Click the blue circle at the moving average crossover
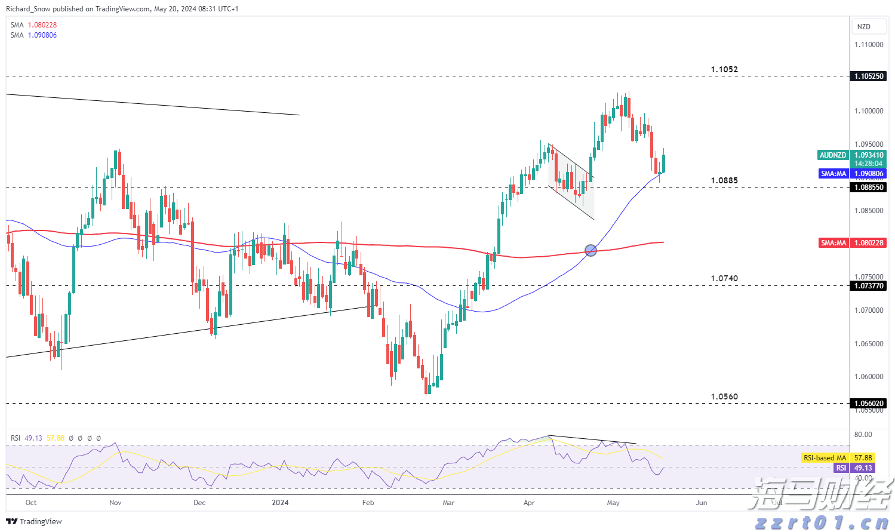pos(590,250)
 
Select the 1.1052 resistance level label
pos(724,69)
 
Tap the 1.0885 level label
pos(724,180)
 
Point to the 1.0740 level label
pos(724,278)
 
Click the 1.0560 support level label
pos(724,396)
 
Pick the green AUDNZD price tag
pos(833,155)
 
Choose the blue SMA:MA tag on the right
pos(834,174)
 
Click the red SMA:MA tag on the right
pos(834,243)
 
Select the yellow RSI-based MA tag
pos(825,458)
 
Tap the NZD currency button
pos(864,27)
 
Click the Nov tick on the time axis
pos(115,503)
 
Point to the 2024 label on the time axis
pos(280,503)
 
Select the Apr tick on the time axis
pos(529,503)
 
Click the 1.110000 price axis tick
pos(869,45)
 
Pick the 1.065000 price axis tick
pos(869,344)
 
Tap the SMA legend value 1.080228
pos(42,25)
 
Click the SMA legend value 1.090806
pos(42,35)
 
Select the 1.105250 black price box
pos(869,76)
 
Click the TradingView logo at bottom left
pos(34,521)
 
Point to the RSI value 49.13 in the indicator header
pos(33,438)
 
